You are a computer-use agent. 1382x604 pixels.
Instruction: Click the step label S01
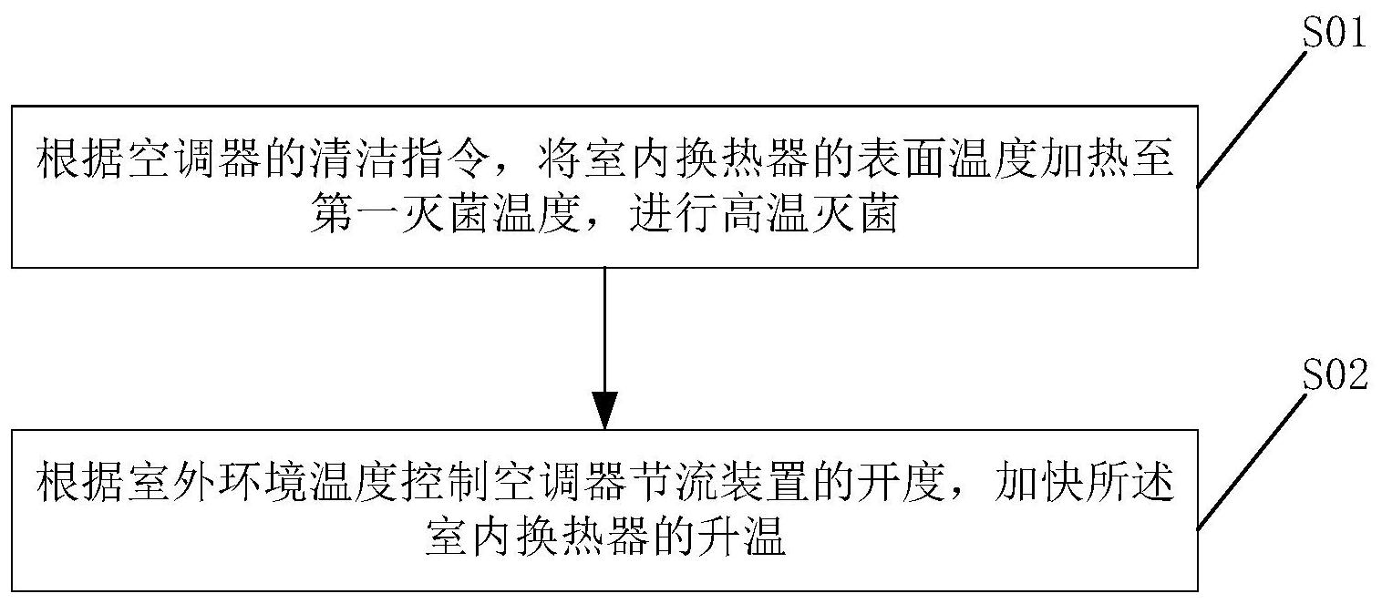tap(1334, 33)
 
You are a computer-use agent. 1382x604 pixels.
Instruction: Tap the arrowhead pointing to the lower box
tap(604, 411)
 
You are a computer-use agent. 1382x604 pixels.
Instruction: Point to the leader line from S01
tap(1252, 119)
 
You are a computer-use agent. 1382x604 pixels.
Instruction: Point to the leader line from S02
tap(1252, 461)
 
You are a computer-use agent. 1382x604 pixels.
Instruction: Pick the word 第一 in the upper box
tap(355, 214)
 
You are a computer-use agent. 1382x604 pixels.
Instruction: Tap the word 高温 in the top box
tap(765, 214)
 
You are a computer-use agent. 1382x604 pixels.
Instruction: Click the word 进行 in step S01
tap(674, 214)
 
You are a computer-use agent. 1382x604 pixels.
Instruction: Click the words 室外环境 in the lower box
tap(218, 482)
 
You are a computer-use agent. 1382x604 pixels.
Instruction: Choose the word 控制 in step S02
tap(446, 482)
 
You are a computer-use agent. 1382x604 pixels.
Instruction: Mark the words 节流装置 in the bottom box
tap(720, 482)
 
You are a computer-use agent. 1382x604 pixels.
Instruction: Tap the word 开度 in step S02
tap(902, 482)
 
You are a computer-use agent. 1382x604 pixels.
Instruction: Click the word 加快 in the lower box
tap(1039, 482)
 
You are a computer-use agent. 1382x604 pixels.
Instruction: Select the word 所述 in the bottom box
tap(1130, 482)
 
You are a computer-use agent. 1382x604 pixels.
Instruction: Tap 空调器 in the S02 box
tap(561, 482)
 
